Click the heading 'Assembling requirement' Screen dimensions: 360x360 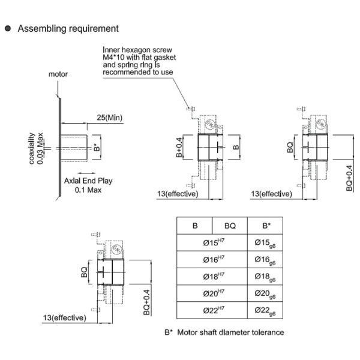coord(68,28)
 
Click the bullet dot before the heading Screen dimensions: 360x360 coord(8,28)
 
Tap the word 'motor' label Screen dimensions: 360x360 coord(58,75)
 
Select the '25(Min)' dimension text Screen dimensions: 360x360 coord(109,118)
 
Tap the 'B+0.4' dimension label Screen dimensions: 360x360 coord(179,146)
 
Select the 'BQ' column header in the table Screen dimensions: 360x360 coord(230,226)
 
